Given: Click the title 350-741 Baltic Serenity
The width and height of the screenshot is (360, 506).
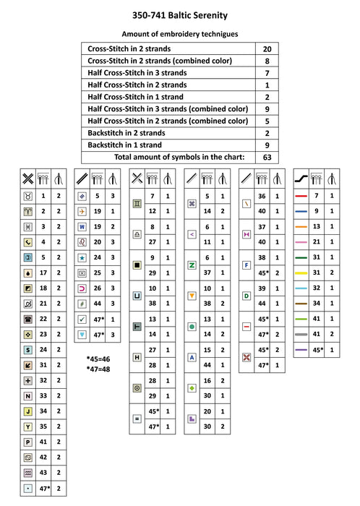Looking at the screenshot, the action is pyautogui.click(x=180, y=14).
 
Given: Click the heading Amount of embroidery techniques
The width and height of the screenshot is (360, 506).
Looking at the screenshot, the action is pyautogui.click(x=179, y=33).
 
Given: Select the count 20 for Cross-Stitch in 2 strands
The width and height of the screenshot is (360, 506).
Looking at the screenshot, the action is pyautogui.click(x=267, y=48).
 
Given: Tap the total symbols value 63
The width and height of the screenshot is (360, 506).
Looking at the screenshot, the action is pyautogui.click(x=267, y=157).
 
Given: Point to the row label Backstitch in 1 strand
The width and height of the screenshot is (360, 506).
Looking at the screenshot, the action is pyautogui.click(x=125, y=145).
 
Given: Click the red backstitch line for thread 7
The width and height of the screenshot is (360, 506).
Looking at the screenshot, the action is pyautogui.click(x=301, y=196).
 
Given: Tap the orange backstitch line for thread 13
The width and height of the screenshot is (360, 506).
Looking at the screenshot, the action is pyautogui.click(x=301, y=226).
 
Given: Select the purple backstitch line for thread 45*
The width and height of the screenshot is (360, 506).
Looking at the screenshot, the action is pyautogui.click(x=301, y=350).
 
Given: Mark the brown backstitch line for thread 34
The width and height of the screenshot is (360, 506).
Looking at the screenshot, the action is pyautogui.click(x=301, y=303).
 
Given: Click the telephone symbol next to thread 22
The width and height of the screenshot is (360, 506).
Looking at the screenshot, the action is pyautogui.click(x=27, y=319).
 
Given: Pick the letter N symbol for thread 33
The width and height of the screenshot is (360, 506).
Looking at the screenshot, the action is pyautogui.click(x=27, y=396).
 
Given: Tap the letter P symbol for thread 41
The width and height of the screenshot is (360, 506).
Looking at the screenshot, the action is pyautogui.click(x=27, y=442).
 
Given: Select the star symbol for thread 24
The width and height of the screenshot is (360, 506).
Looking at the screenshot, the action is pyautogui.click(x=82, y=257).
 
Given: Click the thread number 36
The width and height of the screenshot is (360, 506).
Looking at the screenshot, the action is pyautogui.click(x=261, y=196).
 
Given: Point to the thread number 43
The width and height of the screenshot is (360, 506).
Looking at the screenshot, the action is pyautogui.click(x=43, y=473).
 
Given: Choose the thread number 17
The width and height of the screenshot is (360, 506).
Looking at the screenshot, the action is pyautogui.click(x=43, y=273).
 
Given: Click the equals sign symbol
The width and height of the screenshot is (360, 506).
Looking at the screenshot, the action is pyautogui.click(x=137, y=419).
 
